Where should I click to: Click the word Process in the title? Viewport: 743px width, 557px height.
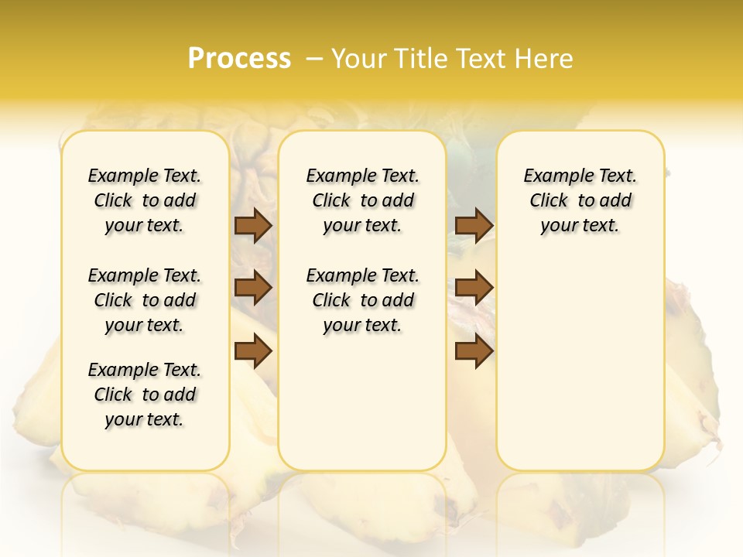click(x=239, y=59)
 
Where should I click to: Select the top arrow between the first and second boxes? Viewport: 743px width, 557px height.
click(x=253, y=226)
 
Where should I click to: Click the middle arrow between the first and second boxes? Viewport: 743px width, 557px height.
click(x=253, y=288)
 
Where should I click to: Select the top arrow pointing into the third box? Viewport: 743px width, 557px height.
click(x=474, y=226)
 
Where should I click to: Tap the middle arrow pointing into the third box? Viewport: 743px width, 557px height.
click(x=474, y=288)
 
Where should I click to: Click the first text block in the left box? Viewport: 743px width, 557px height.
click(x=145, y=200)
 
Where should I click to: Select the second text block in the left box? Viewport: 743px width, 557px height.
click(x=145, y=300)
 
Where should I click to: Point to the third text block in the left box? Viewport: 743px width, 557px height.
click(x=145, y=395)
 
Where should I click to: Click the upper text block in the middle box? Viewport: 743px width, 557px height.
click(x=363, y=200)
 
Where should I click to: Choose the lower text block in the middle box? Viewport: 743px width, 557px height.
click(x=363, y=300)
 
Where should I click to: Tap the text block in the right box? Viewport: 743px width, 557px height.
click(x=580, y=200)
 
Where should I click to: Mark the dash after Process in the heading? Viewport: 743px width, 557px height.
click(x=314, y=59)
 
